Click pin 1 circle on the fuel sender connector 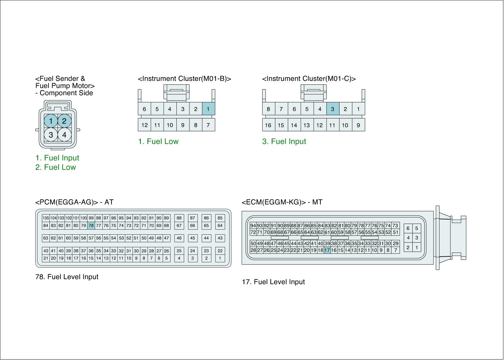tap(51, 121)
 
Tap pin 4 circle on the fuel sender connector tap(64, 135)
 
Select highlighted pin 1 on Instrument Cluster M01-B tap(208, 109)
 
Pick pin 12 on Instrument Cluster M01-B tap(144, 125)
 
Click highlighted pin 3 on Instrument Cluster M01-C tap(333, 109)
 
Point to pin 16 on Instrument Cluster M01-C tap(268, 125)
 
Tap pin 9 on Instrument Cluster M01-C tap(358, 125)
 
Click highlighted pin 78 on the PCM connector tap(91, 226)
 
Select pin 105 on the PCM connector tap(46, 218)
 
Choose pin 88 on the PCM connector tap(179, 218)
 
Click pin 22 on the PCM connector tap(220, 251)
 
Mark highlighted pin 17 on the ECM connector tap(327, 250)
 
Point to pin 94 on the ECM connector tap(253, 226)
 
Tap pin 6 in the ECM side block tap(408, 228)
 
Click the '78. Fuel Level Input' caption tap(67, 277)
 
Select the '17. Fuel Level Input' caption tap(273, 282)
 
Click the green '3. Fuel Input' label tap(284, 141)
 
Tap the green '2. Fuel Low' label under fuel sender tap(55, 167)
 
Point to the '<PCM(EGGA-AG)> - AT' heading tap(74, 202)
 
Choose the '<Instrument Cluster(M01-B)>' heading tap(184, 79)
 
